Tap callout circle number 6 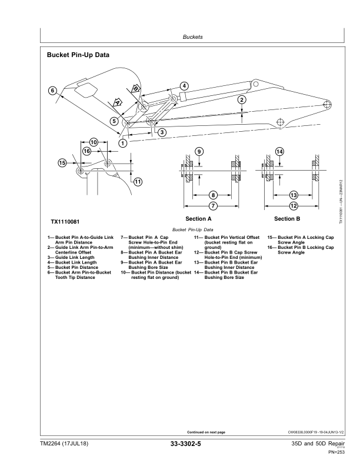coord(52,91)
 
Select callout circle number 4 coord(184,86)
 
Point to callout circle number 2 coord(242,99)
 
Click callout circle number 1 coord(122,142)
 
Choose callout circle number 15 coord(62,163)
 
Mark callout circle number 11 coord(138,181)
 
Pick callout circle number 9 coord(199,152)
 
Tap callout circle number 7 coord(213,206)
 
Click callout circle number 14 coord(280,152)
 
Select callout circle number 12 coord(293,206)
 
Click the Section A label coord(198,219)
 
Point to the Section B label coord(288,219)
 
